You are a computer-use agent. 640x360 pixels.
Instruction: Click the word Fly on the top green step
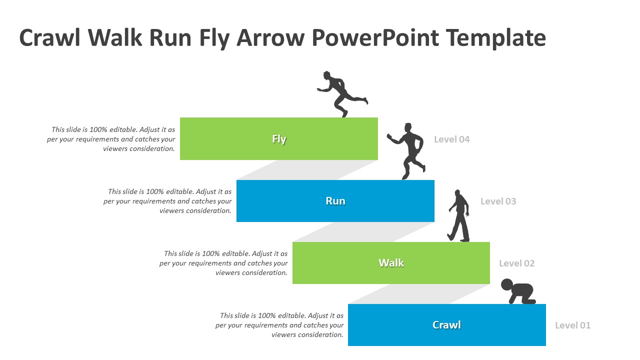point(279,139)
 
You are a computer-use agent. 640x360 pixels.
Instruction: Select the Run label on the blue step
point(335,201)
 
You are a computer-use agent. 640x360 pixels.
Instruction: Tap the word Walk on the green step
point(391,263)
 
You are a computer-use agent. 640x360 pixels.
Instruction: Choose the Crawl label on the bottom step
point(446,325)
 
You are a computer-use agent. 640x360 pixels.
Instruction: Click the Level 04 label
point(451,139)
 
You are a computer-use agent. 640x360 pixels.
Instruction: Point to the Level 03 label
point(498,201)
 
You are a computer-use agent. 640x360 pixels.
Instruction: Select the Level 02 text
point(516,263)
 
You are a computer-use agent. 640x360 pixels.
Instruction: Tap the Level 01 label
point(572,325)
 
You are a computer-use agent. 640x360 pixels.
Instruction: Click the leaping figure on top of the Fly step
point(341,93)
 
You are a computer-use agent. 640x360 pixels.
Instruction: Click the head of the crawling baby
point(507,284)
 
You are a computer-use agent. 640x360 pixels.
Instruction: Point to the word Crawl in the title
point(49,37)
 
